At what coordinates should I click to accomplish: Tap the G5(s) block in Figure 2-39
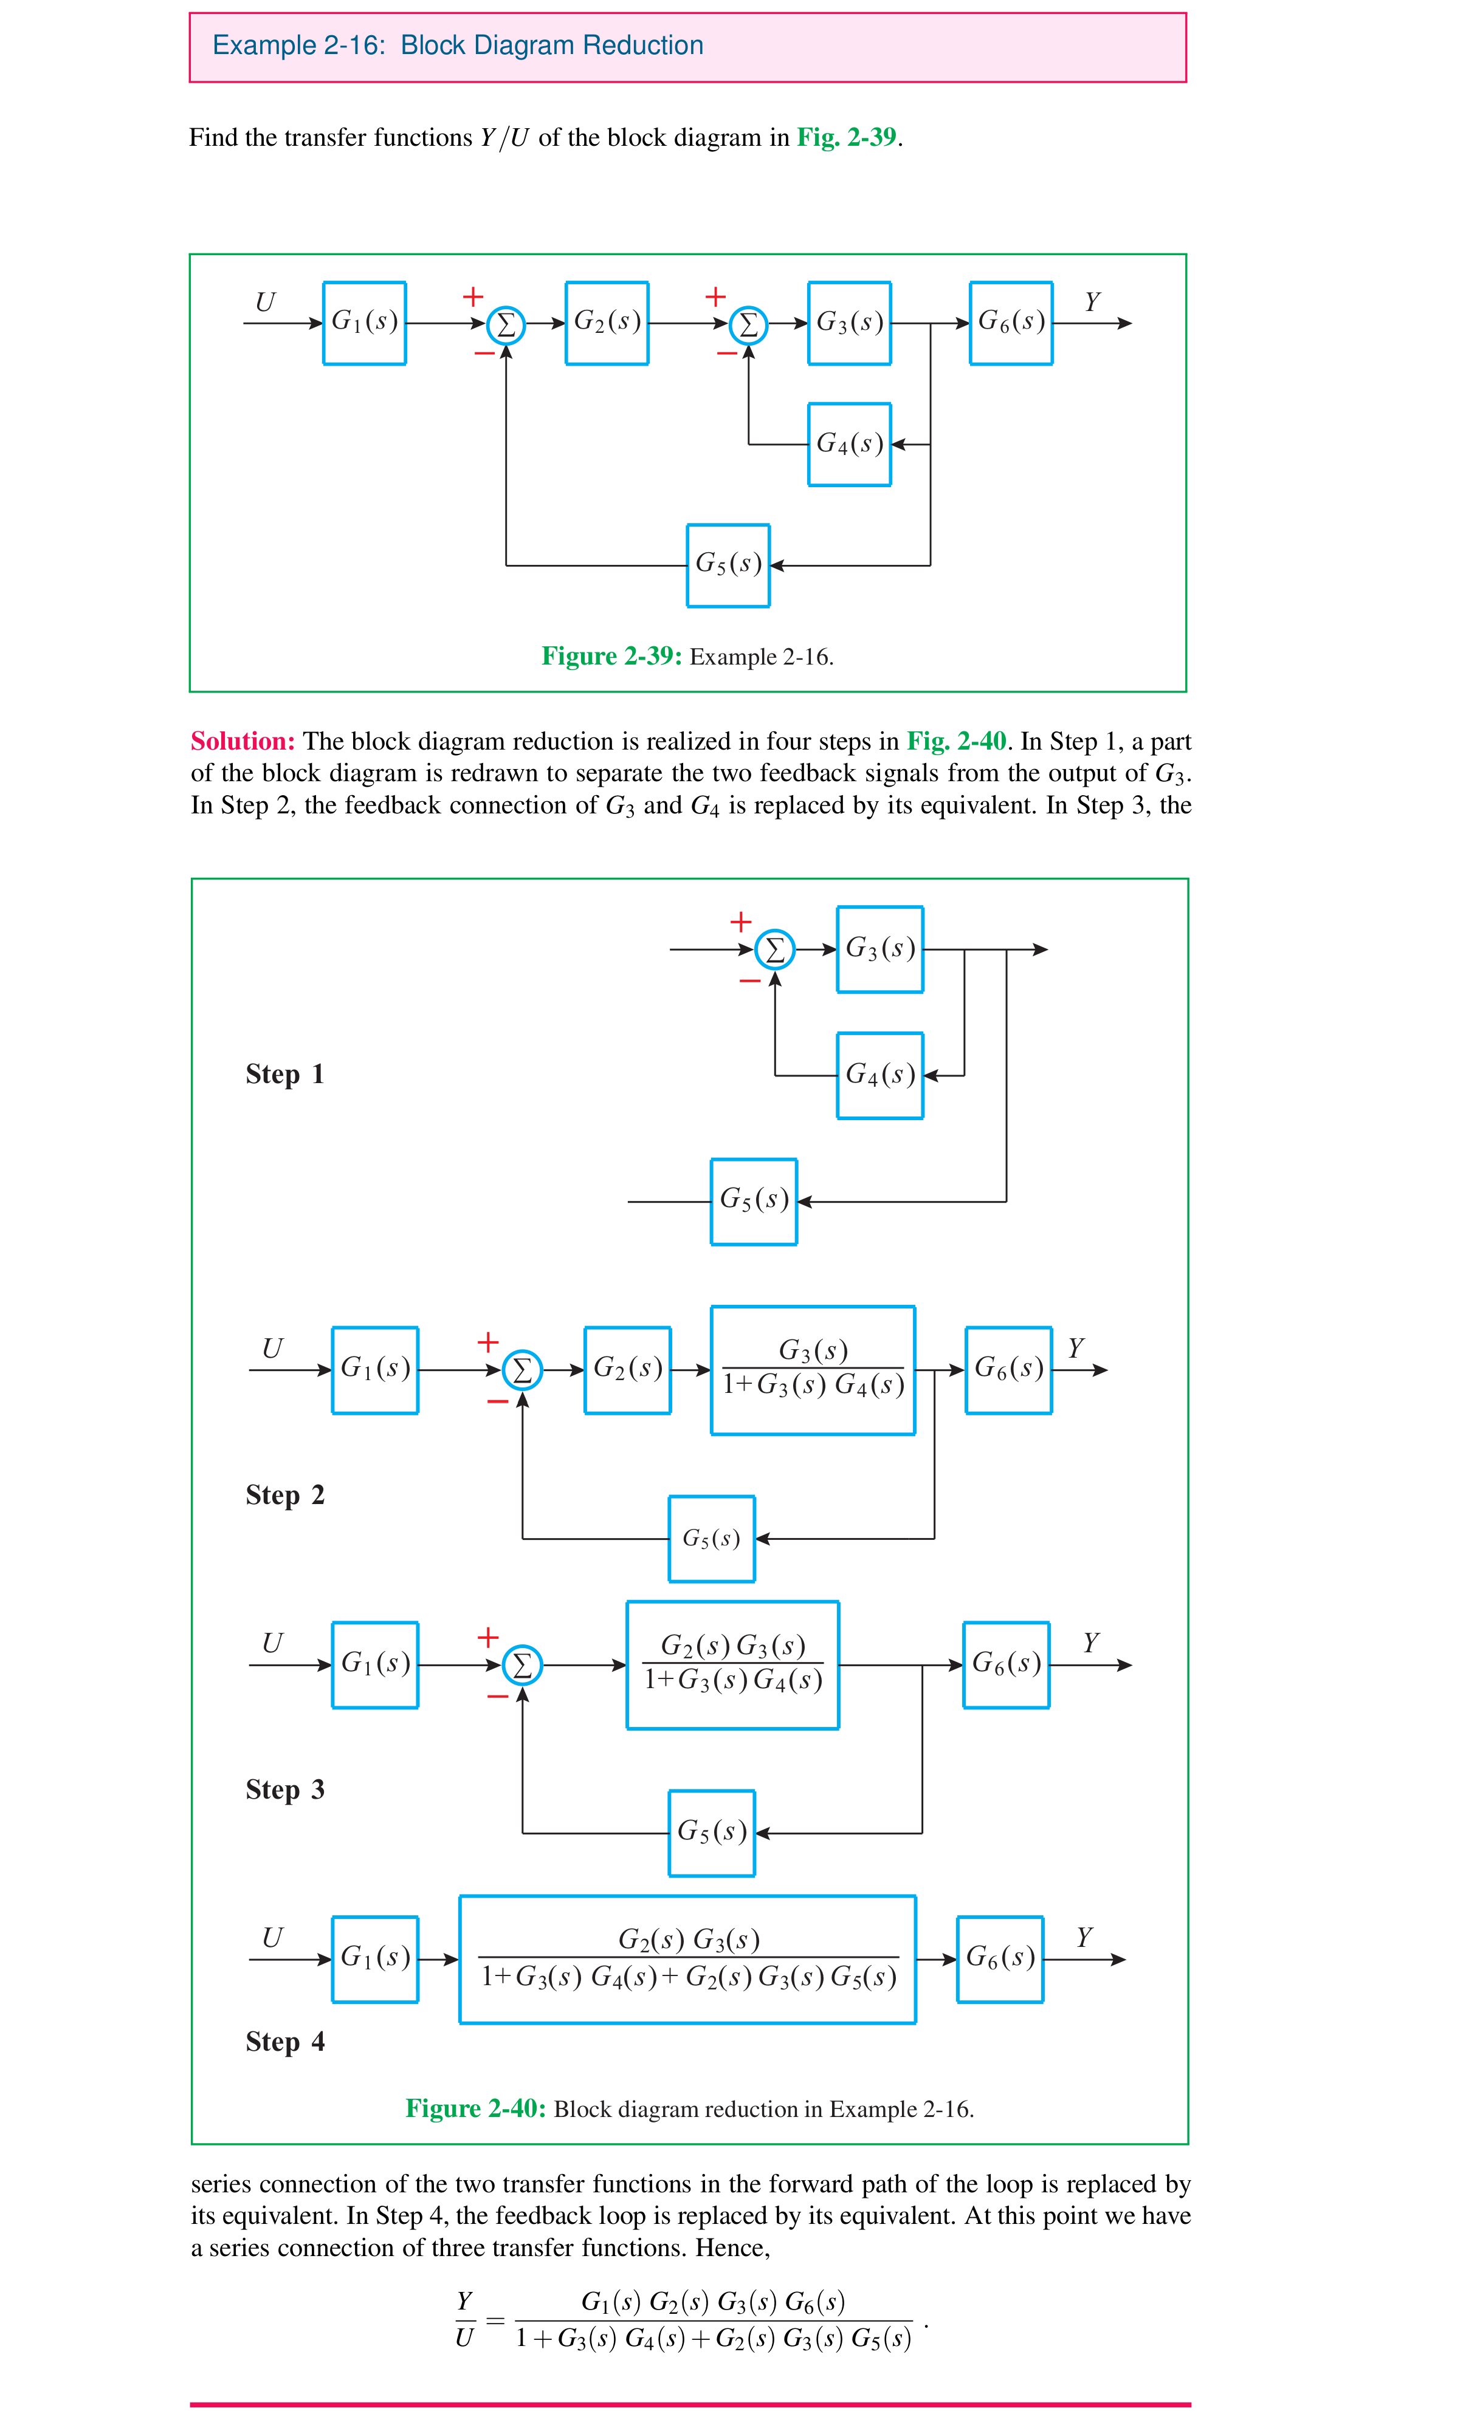728,564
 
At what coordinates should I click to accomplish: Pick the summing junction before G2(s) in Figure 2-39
506,323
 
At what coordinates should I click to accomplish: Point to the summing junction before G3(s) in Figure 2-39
748,323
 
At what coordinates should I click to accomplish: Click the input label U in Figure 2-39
265,301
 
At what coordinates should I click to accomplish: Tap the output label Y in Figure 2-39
1092,301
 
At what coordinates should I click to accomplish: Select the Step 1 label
284,1073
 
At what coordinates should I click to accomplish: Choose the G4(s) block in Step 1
879,1075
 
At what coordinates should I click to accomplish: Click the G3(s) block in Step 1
879,949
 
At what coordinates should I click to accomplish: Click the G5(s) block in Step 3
711,1832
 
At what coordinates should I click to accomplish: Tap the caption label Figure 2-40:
475,2108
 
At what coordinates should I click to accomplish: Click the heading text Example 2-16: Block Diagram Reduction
458,46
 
